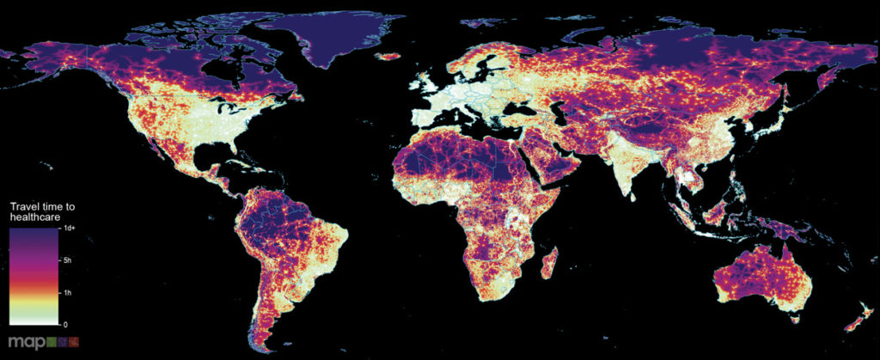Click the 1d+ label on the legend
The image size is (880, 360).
(x=72, y=229)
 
